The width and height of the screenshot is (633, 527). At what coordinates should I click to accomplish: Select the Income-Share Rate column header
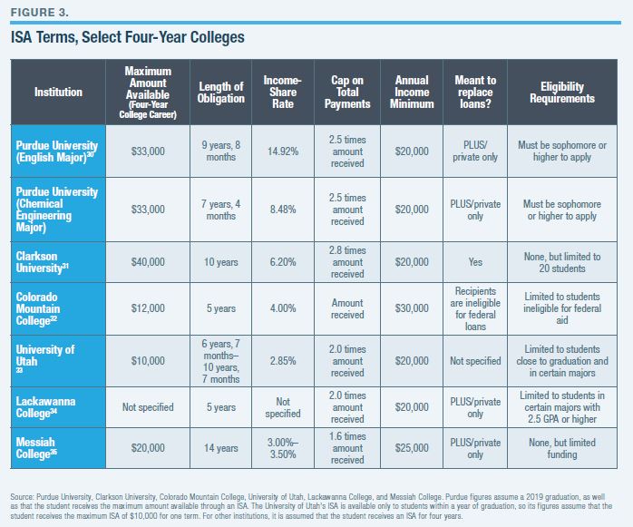(x=282, y=92)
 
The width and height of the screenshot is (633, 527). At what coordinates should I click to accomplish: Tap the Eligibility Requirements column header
(x=555, y=92)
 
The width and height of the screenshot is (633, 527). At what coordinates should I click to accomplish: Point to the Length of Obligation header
(x=221, y=92)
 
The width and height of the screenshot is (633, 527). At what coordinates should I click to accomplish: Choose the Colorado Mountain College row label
(x=50, y=309)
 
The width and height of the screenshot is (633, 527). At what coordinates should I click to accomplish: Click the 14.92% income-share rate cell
(x=283, y=151)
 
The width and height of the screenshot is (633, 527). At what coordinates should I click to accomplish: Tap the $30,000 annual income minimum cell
(x=412, y=309)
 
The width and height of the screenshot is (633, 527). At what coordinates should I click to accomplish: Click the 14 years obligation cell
(x=221, y=448)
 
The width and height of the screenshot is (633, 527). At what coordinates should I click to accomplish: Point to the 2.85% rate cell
(x=283, y=360)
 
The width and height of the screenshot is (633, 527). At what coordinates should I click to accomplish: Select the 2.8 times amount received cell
(x=347, y=262)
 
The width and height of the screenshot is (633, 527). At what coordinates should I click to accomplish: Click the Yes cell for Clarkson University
(x=475, y=262)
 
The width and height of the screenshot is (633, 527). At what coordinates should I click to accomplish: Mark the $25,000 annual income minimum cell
(x=412, y=448)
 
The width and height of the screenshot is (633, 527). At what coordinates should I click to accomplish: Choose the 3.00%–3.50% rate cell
(x=283, y=448)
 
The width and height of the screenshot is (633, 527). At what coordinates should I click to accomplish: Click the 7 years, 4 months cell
(x=221, y=210)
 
